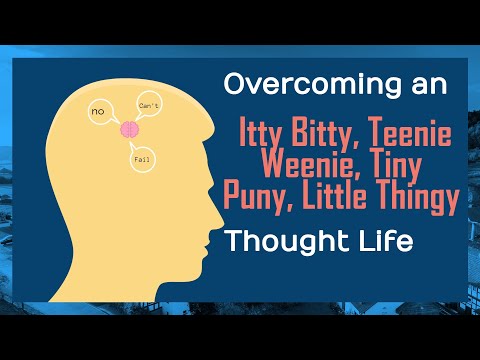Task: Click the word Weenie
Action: point(303,166)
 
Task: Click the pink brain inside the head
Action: point(129,129)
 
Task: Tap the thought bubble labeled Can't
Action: point(147,102)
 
